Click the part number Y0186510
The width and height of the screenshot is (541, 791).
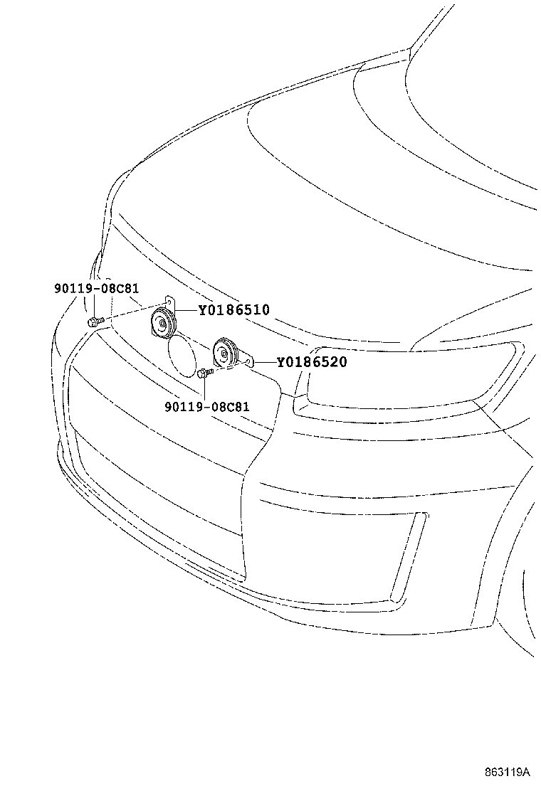tap(233, 309)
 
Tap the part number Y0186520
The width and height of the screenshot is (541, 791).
tap(311, 361)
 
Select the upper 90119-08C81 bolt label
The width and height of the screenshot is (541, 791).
tap(96, 289)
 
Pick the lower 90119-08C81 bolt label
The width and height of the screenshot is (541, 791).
tap(207, 407)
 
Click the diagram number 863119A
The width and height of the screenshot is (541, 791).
tap(507, 772)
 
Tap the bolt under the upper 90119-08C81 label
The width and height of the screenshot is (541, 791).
tap(94, 321)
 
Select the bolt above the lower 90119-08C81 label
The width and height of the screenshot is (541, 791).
tap(206, 373)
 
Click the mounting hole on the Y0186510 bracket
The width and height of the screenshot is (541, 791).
tap(170, 302)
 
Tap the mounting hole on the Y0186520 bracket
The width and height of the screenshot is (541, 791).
tap(251, 361)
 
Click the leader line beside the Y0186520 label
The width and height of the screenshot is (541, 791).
tap(264, 362)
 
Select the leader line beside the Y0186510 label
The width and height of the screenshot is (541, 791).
tap(187, 309)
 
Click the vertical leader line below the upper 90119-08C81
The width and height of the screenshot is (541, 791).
tap(95, 306)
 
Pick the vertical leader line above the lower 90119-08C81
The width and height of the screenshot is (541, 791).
tap(204, 389)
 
